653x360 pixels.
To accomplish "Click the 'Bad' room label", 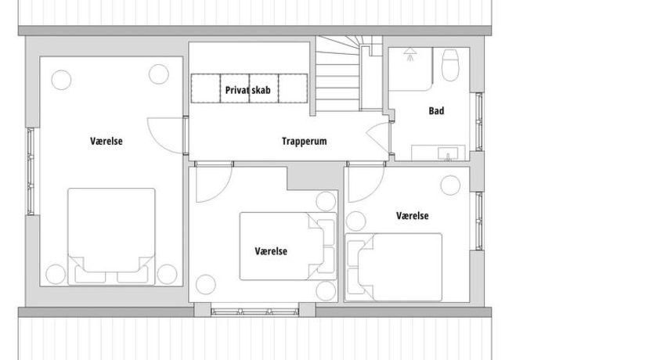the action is pyautogui.click(x=436, y=110).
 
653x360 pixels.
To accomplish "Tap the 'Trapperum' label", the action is pyautogui.click(x=304, y=141).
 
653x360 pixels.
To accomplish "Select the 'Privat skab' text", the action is pyautogui.click(x=247, y=90).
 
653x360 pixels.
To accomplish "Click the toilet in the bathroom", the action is pyautogui.click(x=449, y=64).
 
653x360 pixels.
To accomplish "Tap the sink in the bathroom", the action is pyautogui.click(x=448, y=153).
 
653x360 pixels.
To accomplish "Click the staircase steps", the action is pyautogui.click(x=337, y=74).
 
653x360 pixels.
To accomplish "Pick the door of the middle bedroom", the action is pyautogui.click(x=213, y=182).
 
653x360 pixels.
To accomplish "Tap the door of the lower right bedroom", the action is pyautogui.click(x=366, y=182).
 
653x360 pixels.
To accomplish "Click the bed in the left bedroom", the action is pyautogui.click(x=111, y=236).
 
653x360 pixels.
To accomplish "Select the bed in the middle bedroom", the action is pyautogui.click(x=288, y=246).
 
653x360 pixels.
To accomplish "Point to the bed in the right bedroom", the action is pyautogui.click(x=394, y=267).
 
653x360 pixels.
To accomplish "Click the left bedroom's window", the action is pyautogui.click(x=31, y=171).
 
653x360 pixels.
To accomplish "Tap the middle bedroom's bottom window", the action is pyautogui.click(x=254, y=311).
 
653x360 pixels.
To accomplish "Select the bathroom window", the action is pyautogui.click(x=479, y=121).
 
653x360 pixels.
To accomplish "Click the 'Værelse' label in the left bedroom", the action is pyautogui.click(x=106, y=141).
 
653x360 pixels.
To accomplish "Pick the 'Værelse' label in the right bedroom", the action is pyautogui.click(x=413, y=216).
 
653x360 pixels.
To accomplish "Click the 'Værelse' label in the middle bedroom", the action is pyautogui.click(x=271, y=251).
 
